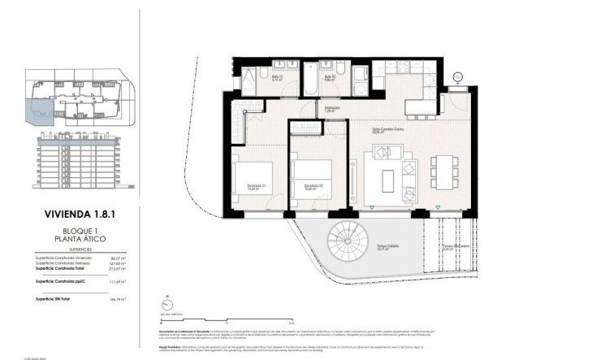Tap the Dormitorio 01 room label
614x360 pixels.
(258, 187)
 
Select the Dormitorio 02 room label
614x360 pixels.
(314, 187)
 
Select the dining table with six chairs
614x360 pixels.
(443, 171)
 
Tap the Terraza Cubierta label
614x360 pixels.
(386, 247)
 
